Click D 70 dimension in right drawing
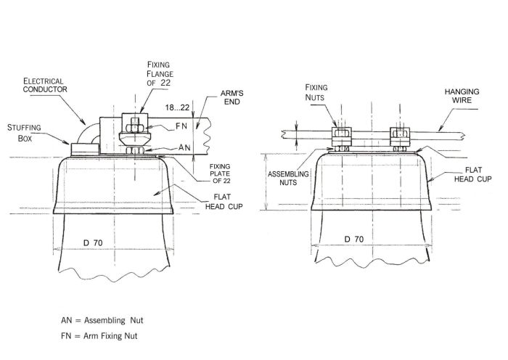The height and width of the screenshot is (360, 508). (x=355, y=239)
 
